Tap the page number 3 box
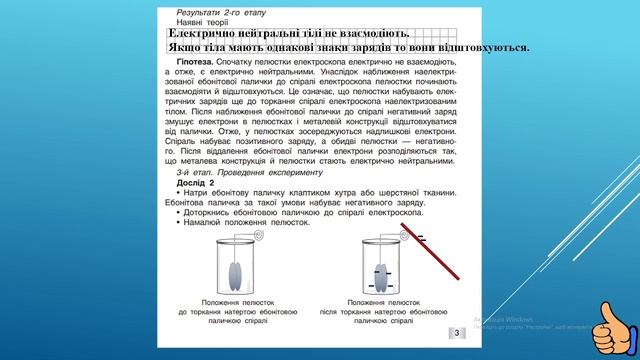(x=457, y=333)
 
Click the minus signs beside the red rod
(x=421, y=238)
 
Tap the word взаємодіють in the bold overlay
(x=367, y=34)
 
